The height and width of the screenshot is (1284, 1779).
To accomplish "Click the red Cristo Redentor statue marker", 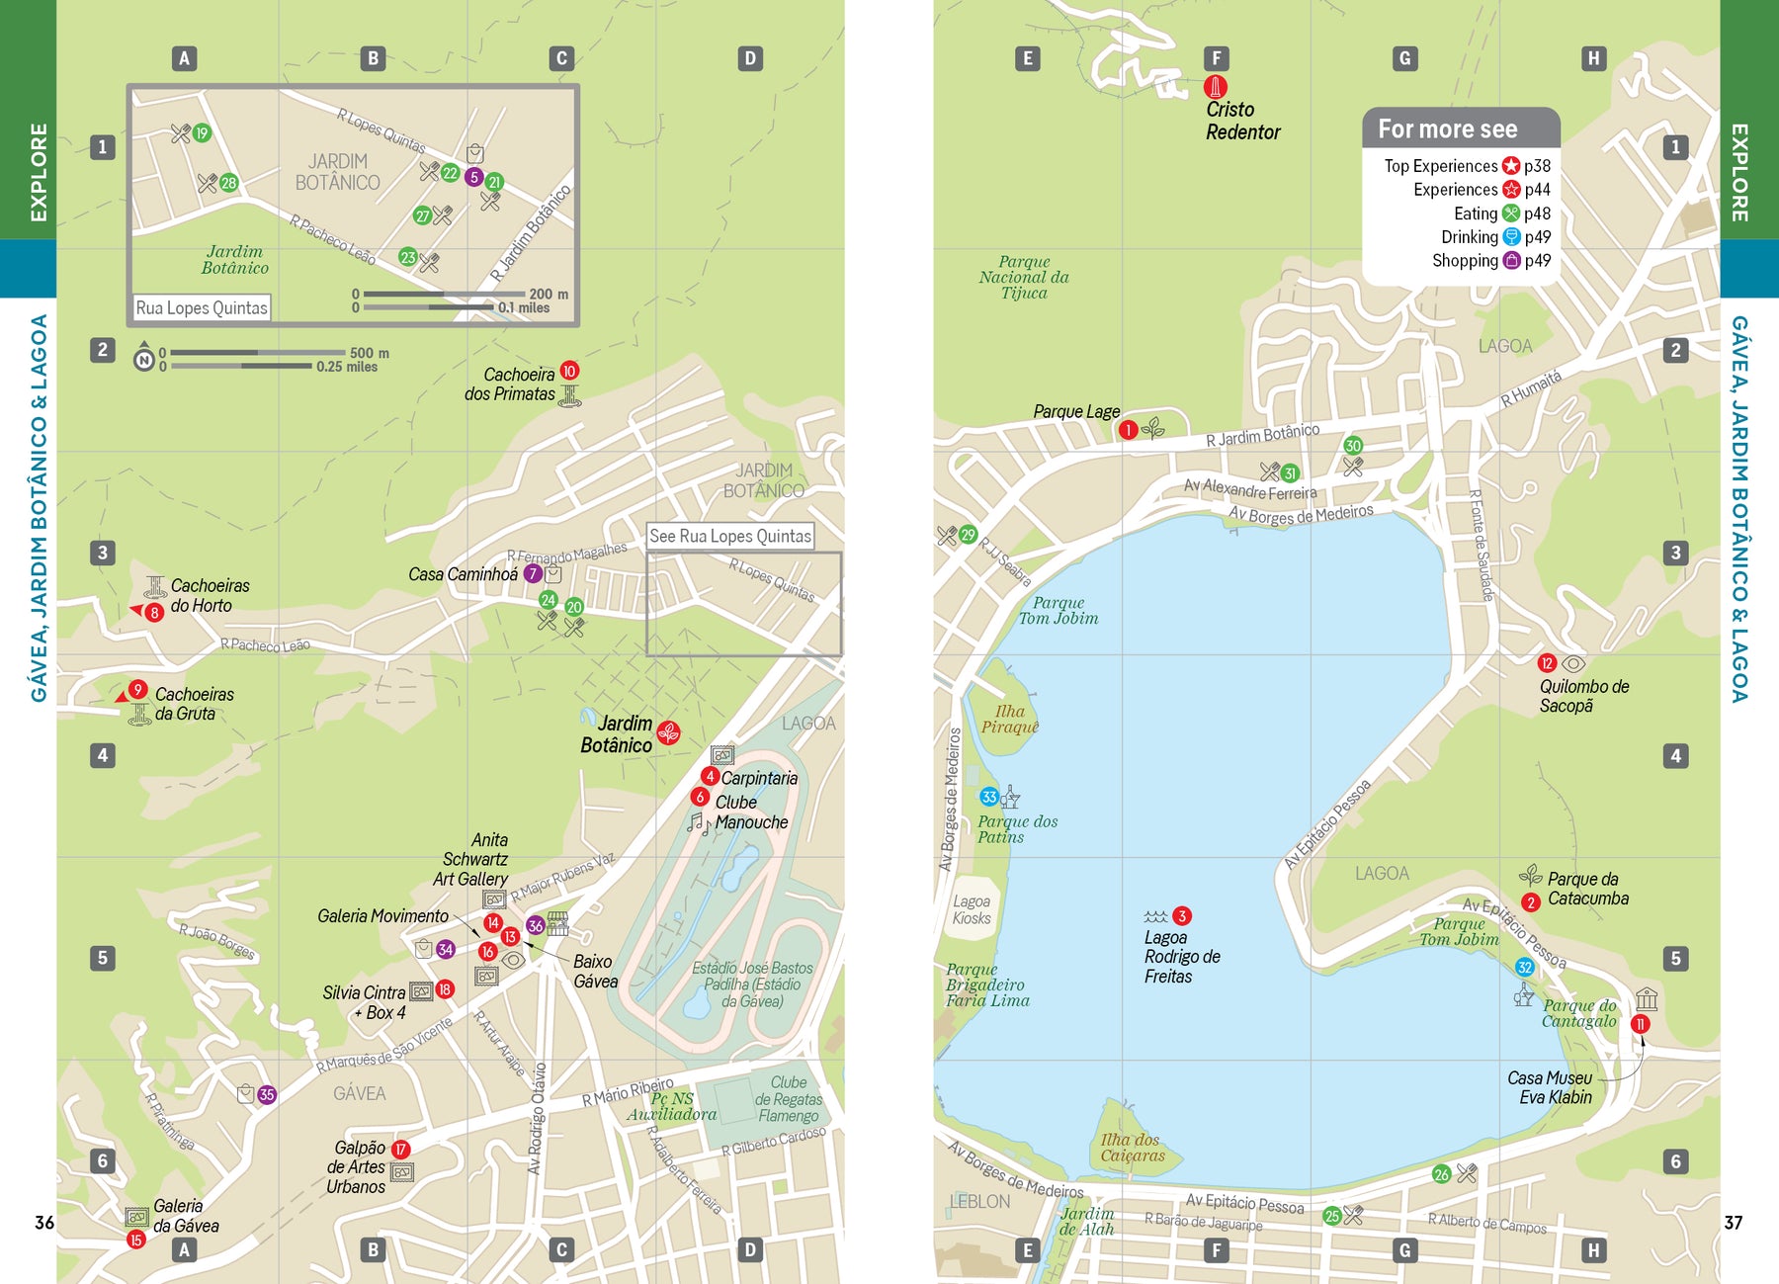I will (1216, 86).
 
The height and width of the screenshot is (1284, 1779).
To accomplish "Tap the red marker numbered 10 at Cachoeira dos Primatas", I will (569, 371).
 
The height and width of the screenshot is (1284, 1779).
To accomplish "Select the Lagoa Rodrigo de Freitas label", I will (1181, 957).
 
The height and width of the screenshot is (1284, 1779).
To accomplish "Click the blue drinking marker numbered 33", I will (988, 797).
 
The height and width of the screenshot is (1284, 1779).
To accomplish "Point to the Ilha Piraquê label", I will (1009, 719).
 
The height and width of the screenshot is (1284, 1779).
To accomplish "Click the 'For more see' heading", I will (1447, 129).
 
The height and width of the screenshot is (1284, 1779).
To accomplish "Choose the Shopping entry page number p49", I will (1537, 261).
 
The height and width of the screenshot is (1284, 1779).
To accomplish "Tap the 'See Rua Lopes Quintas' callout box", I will (730, 536).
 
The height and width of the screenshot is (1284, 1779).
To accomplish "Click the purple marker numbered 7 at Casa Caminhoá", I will (533, 573).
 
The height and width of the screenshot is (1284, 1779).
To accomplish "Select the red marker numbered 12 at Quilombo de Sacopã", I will (1547, 663).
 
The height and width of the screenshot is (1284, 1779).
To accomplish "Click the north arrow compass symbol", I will (144, 359).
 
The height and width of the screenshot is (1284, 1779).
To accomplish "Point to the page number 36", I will (44, 1223).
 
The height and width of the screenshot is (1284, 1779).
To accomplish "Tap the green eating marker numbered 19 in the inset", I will (202, 133).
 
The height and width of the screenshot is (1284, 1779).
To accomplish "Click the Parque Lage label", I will (1076, 411).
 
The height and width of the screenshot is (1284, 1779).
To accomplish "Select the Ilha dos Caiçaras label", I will (1133, 1148).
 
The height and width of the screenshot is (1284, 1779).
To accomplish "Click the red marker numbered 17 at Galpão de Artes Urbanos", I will (400, 1149).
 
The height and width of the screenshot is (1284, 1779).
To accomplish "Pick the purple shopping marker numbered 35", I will (267, 1094).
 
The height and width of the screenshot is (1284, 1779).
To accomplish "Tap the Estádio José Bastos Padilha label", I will (752, 984).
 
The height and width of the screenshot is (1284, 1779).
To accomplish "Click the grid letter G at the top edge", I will (1404, 58).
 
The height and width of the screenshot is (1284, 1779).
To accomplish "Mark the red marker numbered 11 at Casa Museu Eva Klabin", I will (1640, 1024).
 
